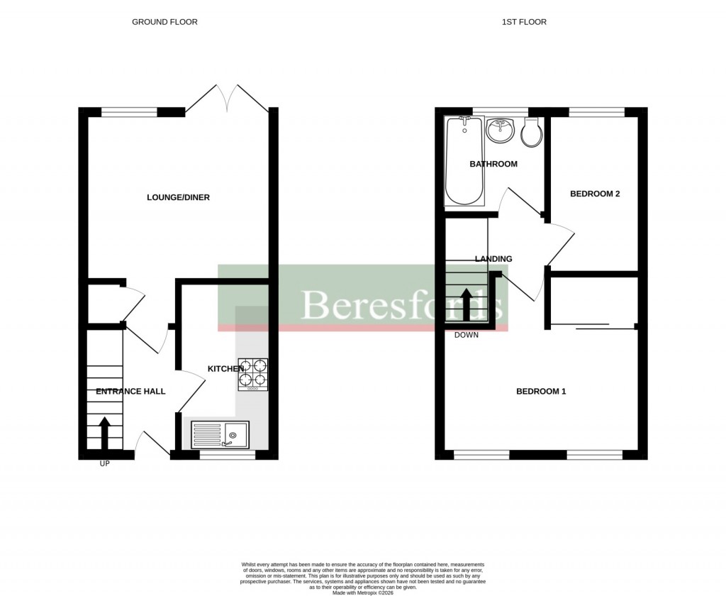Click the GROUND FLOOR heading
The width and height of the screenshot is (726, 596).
tap(164, 22)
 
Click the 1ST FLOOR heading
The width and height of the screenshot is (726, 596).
tap(524, 22)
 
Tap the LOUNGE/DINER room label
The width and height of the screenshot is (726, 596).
tap(178, 197)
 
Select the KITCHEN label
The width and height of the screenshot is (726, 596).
tap(225, 369)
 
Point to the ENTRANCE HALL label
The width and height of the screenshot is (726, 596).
tap(130, 391)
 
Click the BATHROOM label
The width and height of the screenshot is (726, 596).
tap(493, 164)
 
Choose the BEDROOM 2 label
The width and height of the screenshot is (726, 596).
tap(595, 193)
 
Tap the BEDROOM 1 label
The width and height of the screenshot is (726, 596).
tap(540, 391)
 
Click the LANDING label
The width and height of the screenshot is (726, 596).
tap(493, 259)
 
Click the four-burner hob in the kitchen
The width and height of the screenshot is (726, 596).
tap(254, 374)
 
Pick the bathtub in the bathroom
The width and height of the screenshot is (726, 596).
tap(464, 161)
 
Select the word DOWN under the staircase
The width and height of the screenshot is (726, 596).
tap(467, 335)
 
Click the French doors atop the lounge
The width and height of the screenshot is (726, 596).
tap(227, 98)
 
